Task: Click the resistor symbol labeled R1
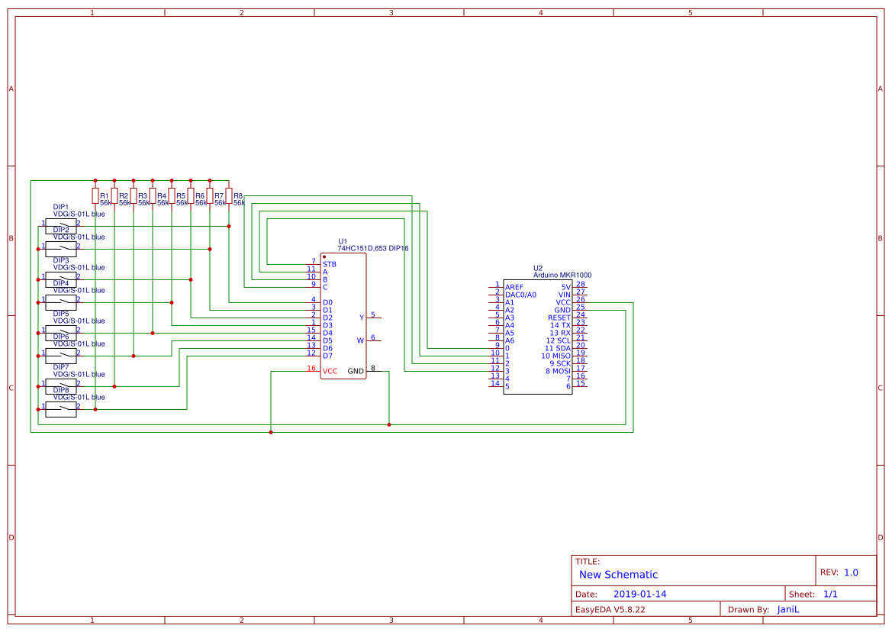point(95,195)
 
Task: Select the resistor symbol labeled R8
point(229,195)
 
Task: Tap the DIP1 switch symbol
point(61,226)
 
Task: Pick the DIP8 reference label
point(61,390)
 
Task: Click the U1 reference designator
point(342,241)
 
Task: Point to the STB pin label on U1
point(329,264)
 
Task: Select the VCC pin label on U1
point(330,371)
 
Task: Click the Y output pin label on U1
point(362,318)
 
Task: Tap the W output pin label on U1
point(361,340)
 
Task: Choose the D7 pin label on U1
point(327,356)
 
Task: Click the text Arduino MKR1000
point(562,275)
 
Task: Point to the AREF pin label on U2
point(515,287)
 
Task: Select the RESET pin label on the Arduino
point(559,318)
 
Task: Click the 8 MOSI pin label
point(558,371)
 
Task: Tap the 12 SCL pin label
point(558,340)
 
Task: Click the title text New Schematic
point(618,575)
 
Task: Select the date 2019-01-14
point(639,594)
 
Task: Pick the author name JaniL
point(789,609)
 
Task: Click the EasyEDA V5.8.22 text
point(610,609)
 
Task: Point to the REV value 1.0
point(851,572)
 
